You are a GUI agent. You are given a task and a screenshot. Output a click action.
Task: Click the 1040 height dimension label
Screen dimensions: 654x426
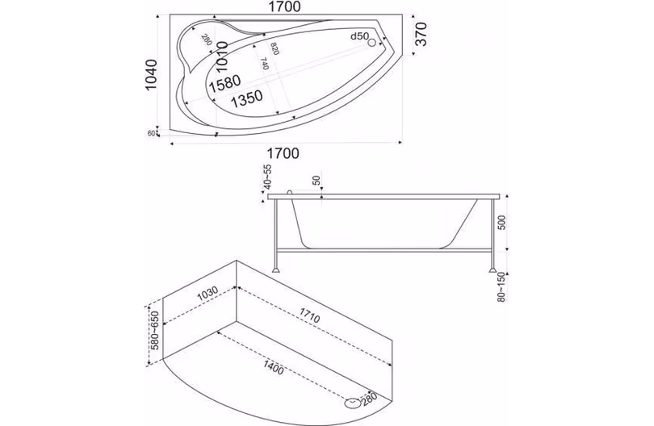pos(150,75)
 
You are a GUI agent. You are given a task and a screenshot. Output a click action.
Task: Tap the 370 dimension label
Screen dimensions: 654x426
pos(421,34)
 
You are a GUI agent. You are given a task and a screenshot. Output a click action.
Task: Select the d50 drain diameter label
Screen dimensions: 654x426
pos(359,36)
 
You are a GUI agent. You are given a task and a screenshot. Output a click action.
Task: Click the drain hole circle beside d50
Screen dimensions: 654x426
pos(371,43)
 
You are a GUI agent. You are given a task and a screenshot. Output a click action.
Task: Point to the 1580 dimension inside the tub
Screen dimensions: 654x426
pos(225,83)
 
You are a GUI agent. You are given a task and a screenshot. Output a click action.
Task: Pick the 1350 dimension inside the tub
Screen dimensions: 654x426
pos(247,98)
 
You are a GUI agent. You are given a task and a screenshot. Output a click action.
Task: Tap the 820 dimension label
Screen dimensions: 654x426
pos(275,48)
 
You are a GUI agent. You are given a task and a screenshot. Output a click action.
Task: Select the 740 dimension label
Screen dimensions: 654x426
pos(264,64)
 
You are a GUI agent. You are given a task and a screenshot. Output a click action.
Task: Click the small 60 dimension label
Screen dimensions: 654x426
pos(152,133)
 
